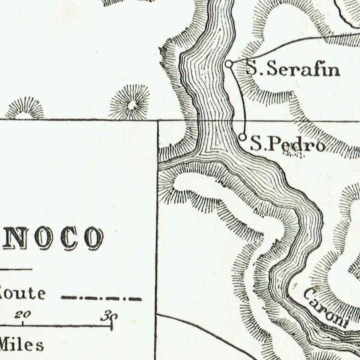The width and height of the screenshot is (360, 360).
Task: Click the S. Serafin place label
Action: (293, 70)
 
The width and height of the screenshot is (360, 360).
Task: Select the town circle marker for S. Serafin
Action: (229, 64)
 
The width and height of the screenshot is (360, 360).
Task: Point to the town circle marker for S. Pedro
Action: (243, 137)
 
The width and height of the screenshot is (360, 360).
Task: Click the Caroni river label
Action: (326, 307)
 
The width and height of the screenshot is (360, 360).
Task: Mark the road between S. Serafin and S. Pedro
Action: (242, 97)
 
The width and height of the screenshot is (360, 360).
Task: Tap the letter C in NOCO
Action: (69, 238)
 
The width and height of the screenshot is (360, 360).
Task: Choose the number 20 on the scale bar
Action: (23, 315)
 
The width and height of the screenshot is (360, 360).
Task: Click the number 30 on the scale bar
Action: (109, 316)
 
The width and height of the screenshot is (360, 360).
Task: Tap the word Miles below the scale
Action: (21, 345)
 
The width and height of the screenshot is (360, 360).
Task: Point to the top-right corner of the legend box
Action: (157, 120)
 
